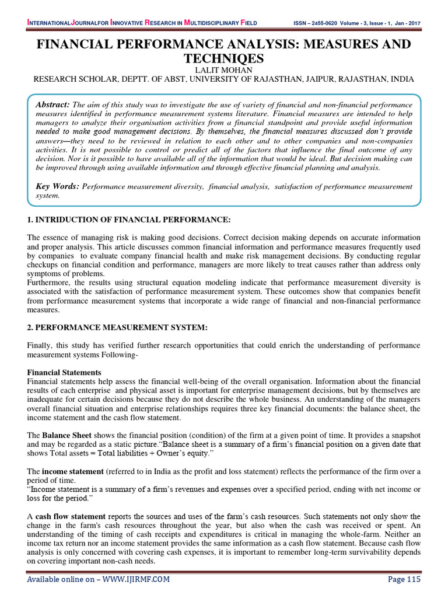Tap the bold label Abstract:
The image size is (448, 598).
(x=52, y=104)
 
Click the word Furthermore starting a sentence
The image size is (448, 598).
(x=51, y=282)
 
